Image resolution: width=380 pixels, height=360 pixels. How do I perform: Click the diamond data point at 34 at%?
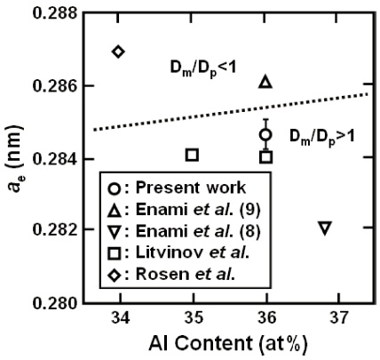[118, 52]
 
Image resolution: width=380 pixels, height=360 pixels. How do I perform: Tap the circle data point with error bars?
[265, 135]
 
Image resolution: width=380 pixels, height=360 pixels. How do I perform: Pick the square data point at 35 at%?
[192, 155]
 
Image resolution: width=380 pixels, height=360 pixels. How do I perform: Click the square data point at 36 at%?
[266, 157]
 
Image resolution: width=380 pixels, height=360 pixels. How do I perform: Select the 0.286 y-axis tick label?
[55, 85]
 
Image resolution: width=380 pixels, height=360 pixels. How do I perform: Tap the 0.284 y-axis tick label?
[55, 159]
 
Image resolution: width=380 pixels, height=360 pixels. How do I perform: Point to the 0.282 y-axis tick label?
[55, 229]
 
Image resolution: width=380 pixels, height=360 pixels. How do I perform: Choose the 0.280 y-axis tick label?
[55, 303]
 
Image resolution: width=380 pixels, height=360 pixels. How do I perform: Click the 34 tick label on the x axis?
[120, 318]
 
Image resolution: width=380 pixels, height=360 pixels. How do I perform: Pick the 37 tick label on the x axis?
[338, 318]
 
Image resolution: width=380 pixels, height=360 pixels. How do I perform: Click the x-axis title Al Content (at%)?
[228, 344]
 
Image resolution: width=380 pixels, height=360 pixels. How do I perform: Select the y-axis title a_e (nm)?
[15, 158]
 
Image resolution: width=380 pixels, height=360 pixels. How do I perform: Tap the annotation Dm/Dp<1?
[203, 68]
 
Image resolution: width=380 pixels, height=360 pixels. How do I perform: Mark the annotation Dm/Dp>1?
[321, 138]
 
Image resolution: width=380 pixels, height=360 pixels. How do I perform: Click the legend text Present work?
[191, 188]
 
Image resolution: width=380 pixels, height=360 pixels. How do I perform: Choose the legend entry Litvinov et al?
[178, 252]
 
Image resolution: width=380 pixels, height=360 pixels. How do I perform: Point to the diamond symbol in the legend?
[115, 276]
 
